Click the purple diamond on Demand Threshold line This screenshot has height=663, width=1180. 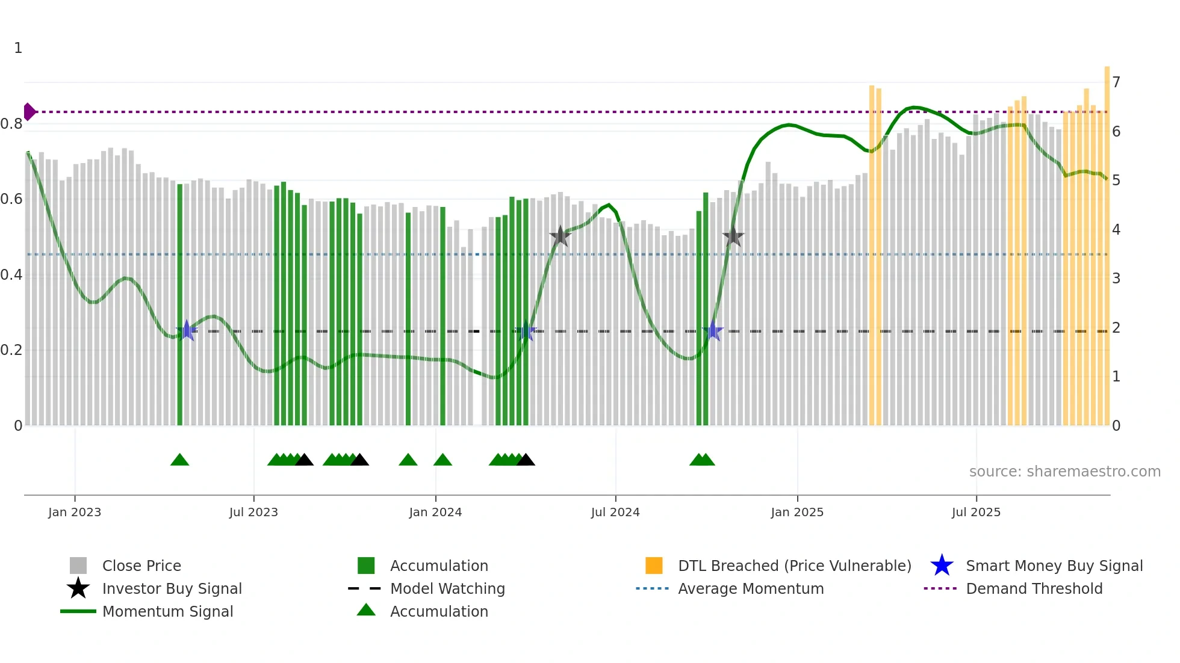coord(29,112)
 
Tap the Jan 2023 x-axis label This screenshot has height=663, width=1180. coord(75,512)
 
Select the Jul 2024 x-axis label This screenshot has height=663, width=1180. coord(615,512)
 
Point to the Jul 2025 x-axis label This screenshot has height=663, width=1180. coord(976,512)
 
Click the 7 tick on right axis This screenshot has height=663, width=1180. coord(1116,82)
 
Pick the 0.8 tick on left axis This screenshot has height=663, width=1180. coord(12,124)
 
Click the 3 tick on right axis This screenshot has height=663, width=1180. coord(1116,279)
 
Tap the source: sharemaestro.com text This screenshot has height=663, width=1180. coord(1064,471)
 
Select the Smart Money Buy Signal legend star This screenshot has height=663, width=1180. coord(942,566)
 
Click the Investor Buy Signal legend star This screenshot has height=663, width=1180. coord(78,588)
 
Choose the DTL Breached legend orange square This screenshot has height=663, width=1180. coord(654,566)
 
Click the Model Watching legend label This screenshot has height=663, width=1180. coord(447,588)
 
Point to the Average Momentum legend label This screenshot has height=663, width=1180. coord(751,588)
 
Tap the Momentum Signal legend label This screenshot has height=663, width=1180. coord(167,611)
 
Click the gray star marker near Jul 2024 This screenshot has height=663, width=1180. coord(560,236)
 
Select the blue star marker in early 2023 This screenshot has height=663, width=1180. coord(187,331)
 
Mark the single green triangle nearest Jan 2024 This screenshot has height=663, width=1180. coord(442,460)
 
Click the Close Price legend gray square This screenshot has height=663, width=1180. coord(78,566)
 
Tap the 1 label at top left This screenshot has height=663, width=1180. coord(18,48)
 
